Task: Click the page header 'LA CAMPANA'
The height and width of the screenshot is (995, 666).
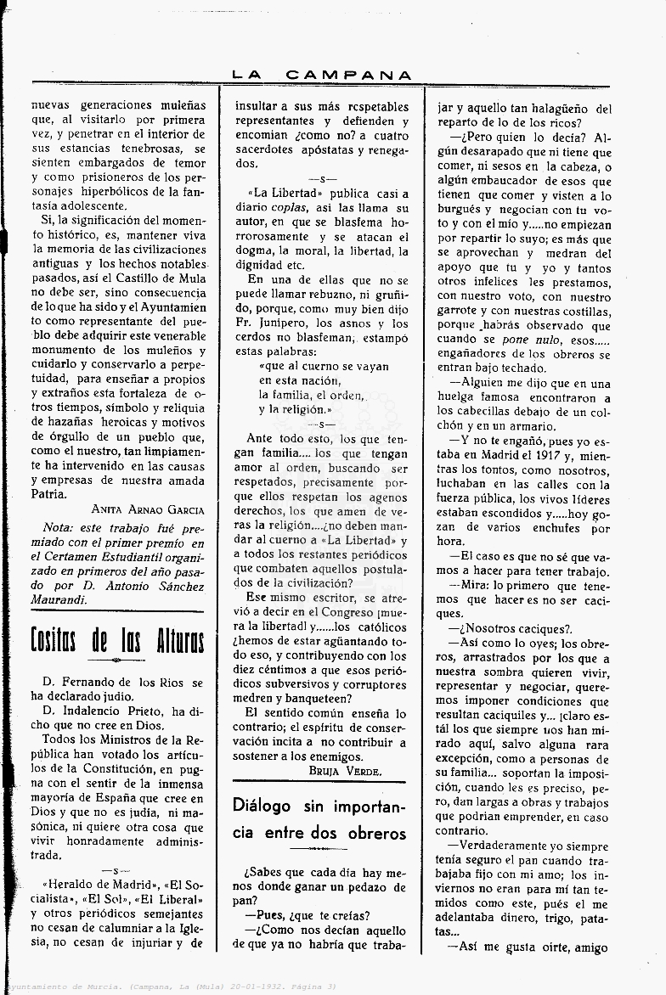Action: (x=322, y=75)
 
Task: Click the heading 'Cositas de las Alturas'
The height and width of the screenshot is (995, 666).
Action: (x=117, y=640)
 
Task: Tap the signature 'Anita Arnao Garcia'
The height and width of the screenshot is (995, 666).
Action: (x=149, y=509)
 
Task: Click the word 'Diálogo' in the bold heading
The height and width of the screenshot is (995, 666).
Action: (x=262, y=806)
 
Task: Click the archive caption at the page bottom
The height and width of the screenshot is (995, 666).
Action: (x=170, y=986)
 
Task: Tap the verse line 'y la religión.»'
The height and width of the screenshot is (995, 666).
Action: (x=295, y=409)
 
